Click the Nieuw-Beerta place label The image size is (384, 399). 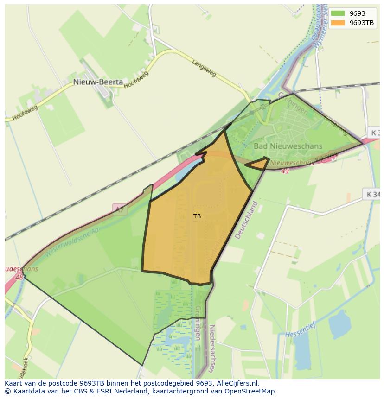tap(98, 82)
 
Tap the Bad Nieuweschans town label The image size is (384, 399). tap(288, 146)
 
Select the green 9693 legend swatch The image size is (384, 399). tap(338, 13)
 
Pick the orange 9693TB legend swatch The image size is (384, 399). tap(338, 23)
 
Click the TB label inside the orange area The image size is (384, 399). tap(197, 216)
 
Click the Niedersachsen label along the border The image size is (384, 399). tap(212, 348)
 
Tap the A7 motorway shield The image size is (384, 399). tap(120, 209)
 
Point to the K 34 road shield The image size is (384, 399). tap(372, 194)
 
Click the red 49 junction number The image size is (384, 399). tap(285, 171)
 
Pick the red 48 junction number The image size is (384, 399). tap(19, 278)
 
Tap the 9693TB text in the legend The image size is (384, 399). tap(362, 23)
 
